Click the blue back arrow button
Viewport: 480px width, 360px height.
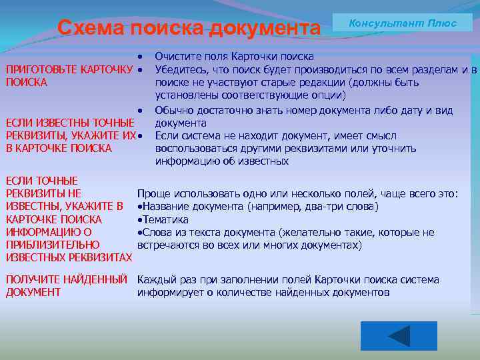click(x=399, y=336)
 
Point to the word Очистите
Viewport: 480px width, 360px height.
click(x=177, y=57)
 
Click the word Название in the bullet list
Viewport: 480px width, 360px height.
click(x=165, y=207)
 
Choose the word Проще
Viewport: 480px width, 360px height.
click(x=153, y=194)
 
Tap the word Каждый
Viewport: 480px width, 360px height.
click(x=156, y=280)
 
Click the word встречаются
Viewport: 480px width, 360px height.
click(x=167, y=245)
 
